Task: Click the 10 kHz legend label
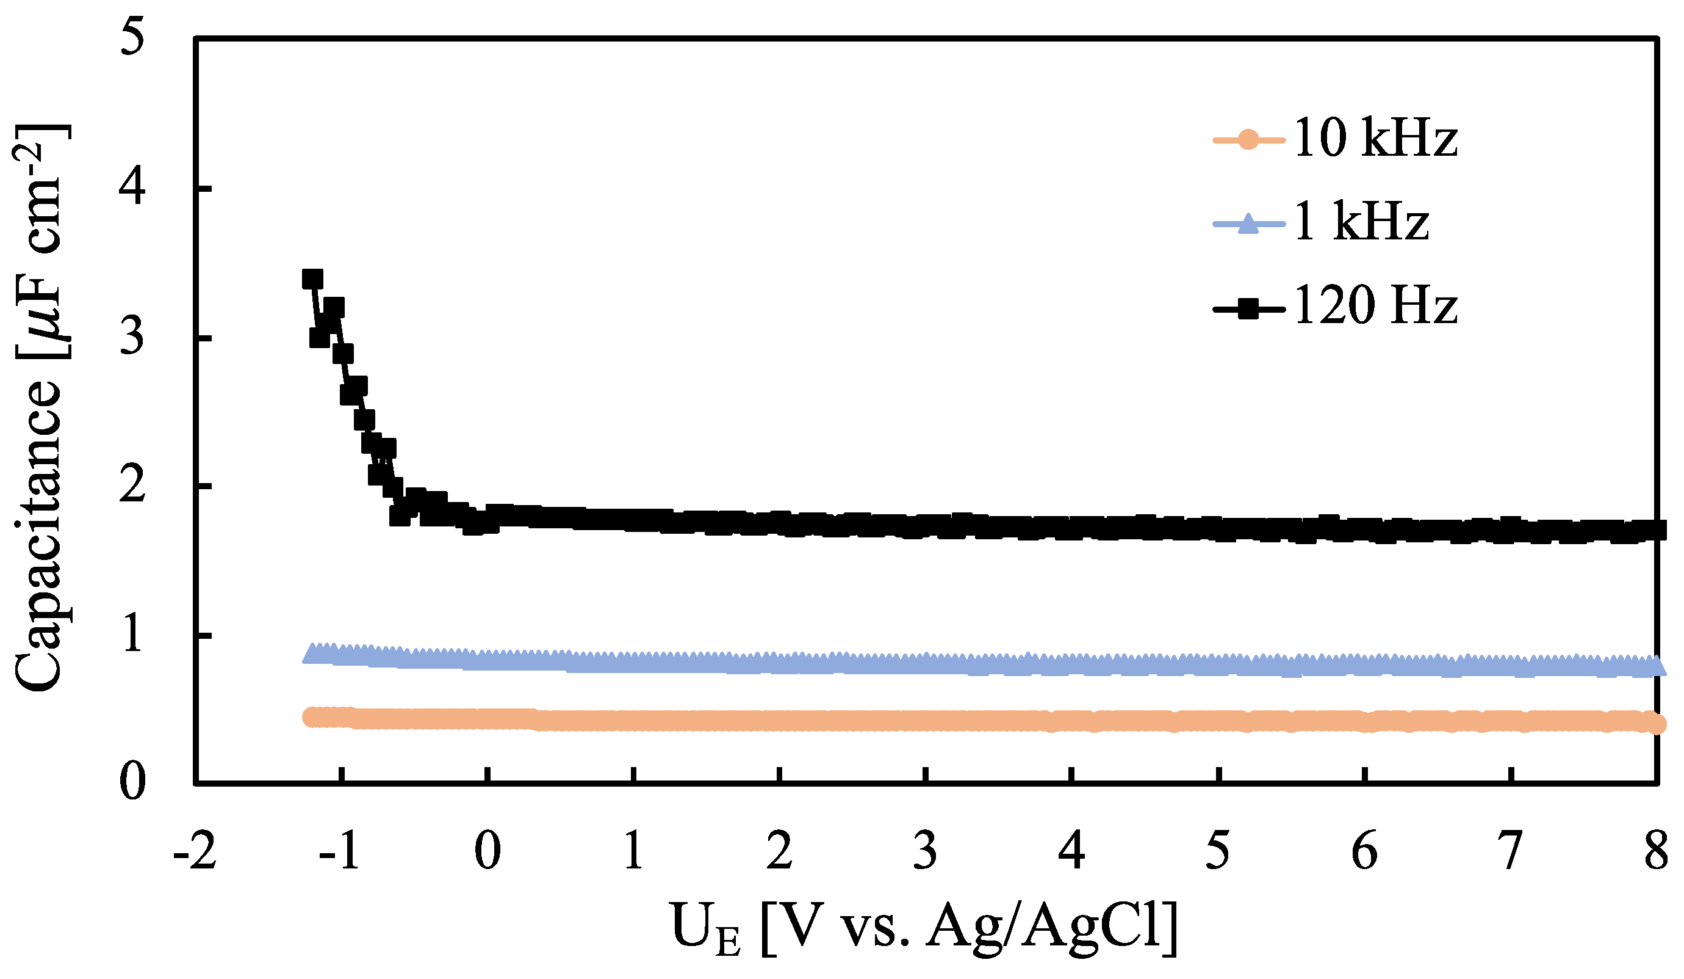[x=1375, y=139]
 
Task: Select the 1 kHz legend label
[x=1361, y=222]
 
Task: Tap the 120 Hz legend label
[x=1375, y=306]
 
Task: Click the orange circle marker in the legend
[x=1247, y=140]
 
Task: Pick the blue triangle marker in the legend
[x=1247, y=224]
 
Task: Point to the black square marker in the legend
[x=1247, y=309]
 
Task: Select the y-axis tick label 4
[x=132, y=187]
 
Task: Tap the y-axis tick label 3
[x=132, y=337]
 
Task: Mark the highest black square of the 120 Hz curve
[x=312, y=280]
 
